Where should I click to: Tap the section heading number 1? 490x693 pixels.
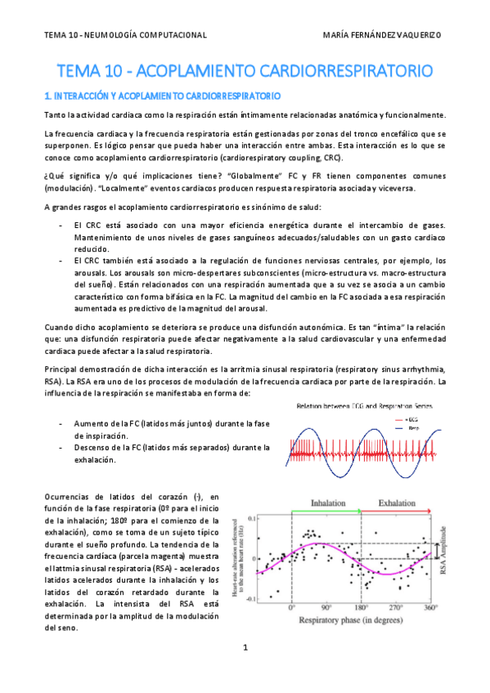pyautogui.click(x=48, y=96)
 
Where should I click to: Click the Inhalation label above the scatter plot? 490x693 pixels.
pyautogui.click(x=326, y=504)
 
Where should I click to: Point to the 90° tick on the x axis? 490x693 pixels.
pyautogui.click(x=326, y=608)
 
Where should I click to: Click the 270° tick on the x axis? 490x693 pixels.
pyautogui.click(x=396, y=608)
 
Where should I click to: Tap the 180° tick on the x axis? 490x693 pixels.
pyautogui.click(x=362, y=608)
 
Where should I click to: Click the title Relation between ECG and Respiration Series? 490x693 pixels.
pyautogui.click(x=366, y=405)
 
